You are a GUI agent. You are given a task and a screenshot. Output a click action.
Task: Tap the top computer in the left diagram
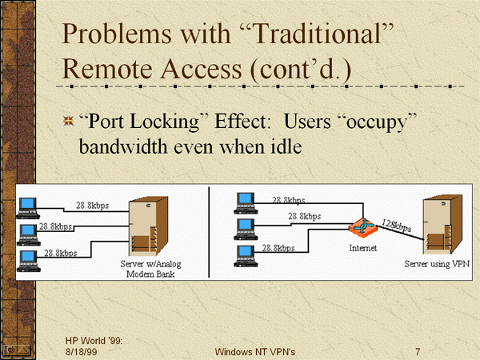pyautogui.click(x=29, y=206)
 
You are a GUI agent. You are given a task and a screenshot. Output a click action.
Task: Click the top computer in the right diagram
pyautogui.click(x=244, y=203)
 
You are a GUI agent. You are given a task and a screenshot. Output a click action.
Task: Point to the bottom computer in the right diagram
pyautogui.click(x=244, y=255)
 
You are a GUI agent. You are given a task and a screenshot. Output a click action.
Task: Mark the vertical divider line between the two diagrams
pyautogui.click(x=209, y=232)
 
